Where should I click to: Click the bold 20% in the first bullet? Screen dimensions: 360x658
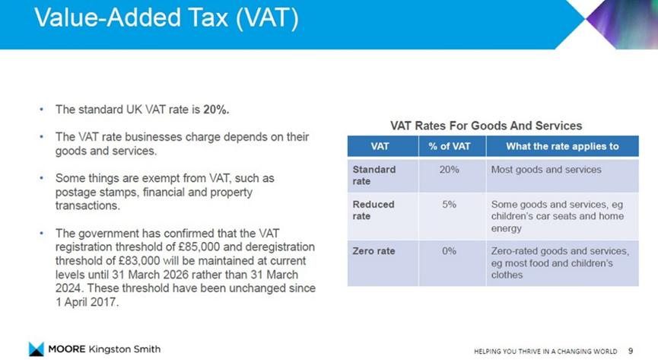[216, 110]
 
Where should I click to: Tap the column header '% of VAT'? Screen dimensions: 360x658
[450, 146]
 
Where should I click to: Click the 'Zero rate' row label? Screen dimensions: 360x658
[374, 251]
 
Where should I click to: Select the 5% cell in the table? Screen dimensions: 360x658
[449, 205]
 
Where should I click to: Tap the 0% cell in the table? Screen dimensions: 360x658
[449, 251]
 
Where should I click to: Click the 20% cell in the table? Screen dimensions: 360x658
[449, 169]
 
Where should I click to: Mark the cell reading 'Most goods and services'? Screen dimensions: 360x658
[546, 169]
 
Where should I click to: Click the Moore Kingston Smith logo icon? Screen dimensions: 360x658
[37, 349]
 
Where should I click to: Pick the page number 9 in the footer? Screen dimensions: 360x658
[631, 350]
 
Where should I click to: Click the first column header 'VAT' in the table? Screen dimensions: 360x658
[380, 146]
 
